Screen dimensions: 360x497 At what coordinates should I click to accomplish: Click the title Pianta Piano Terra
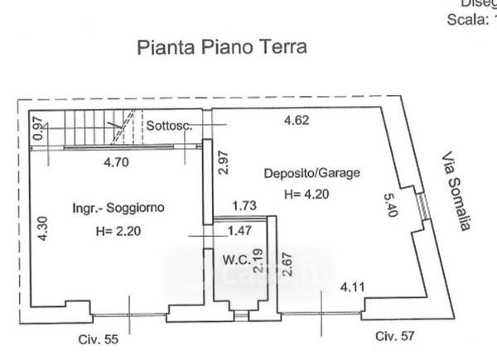coord(221,46)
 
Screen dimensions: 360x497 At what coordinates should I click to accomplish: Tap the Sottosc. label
coord(170,126)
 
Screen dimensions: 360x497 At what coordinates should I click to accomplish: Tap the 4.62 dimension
coord(296,120)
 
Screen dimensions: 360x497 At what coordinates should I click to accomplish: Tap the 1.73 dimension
coord(244,206)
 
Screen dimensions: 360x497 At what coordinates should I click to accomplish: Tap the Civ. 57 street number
coord(393,335)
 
